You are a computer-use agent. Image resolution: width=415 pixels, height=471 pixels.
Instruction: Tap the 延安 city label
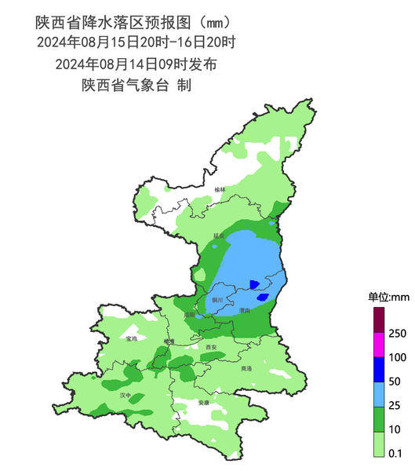(x=218, y=235)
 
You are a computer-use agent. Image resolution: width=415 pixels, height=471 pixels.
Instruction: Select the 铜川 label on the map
(x=217, y=300)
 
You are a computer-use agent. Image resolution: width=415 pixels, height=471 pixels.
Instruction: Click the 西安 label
(x=210, y=346)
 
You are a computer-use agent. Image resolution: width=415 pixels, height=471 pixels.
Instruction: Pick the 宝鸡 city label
(x=131, y=339)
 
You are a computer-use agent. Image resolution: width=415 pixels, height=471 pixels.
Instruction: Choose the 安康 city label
(x=204, y=403)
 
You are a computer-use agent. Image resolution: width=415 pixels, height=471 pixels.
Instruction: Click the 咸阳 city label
(x=189, y=315)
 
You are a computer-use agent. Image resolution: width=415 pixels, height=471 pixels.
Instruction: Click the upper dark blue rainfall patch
(x=253, y=283)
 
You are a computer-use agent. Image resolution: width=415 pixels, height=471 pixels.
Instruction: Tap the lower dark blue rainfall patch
(x=262, y=297)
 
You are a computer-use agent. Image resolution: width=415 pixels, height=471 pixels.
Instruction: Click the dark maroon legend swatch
(x=378, y=320)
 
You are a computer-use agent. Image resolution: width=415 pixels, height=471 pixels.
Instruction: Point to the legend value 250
(x=397, y=334)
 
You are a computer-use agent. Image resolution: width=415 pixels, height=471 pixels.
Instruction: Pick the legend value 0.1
(x=396, y=453)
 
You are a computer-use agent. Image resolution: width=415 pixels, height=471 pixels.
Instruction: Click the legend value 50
(x=396, y=382)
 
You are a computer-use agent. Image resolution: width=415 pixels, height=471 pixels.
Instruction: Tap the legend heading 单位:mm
(x=384, y=297)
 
